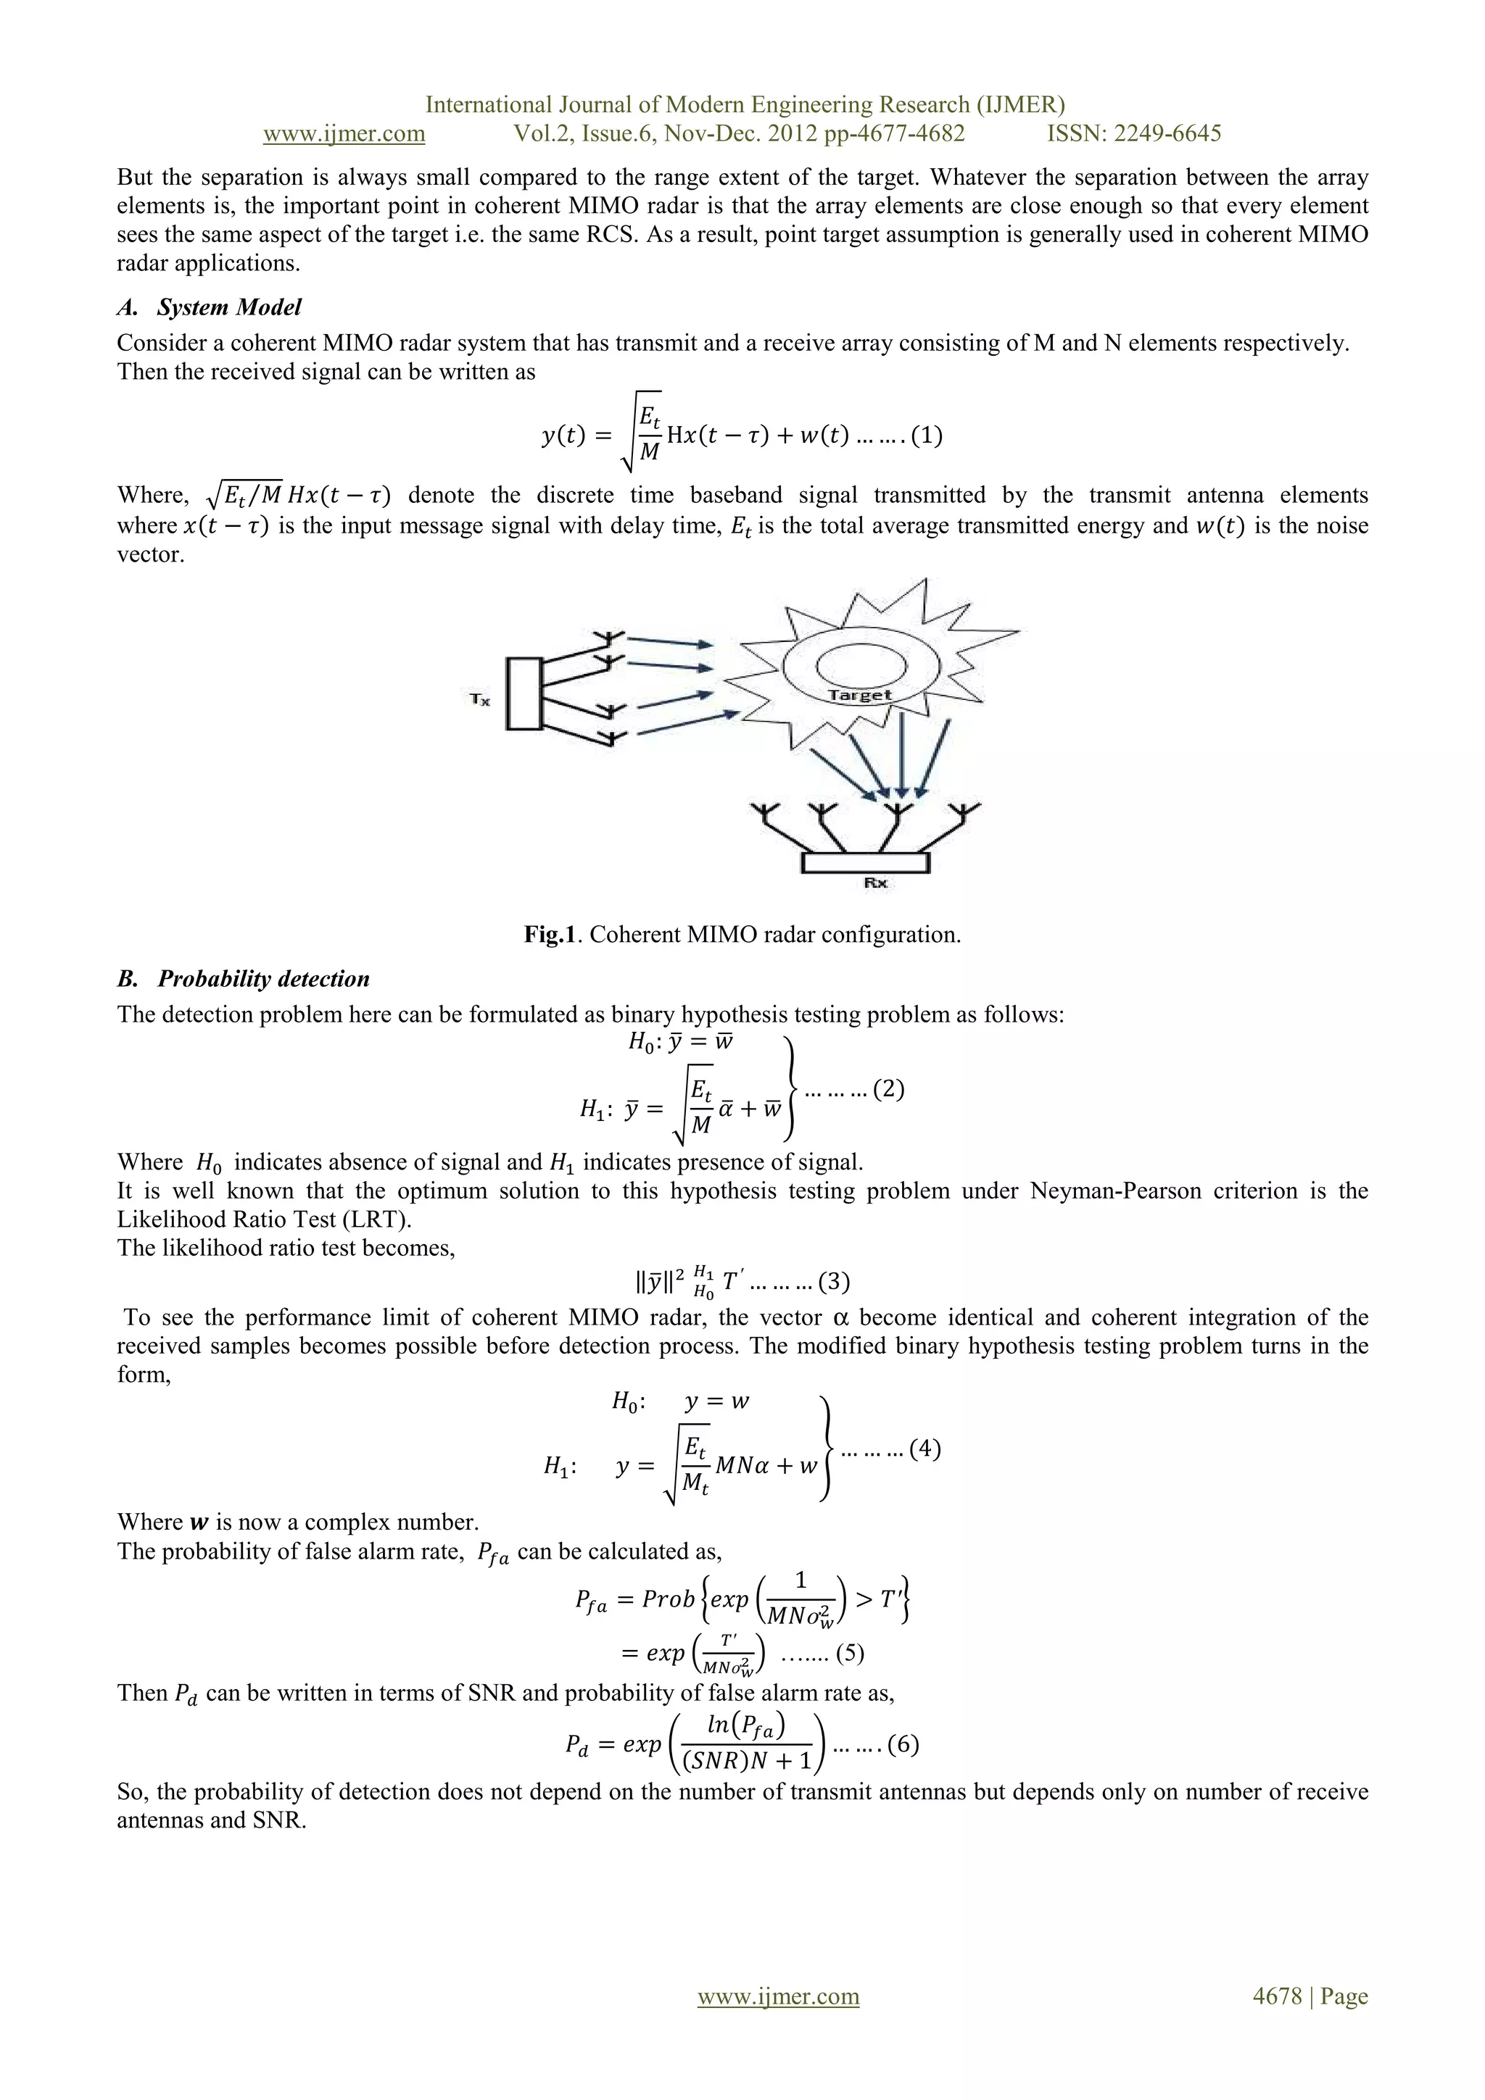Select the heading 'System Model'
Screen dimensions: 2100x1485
228,307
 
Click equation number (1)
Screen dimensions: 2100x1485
926,435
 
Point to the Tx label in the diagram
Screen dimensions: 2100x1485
479,700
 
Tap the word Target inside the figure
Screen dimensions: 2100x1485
859,695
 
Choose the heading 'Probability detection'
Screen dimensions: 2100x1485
263,979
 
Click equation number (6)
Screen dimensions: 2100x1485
902,1744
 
